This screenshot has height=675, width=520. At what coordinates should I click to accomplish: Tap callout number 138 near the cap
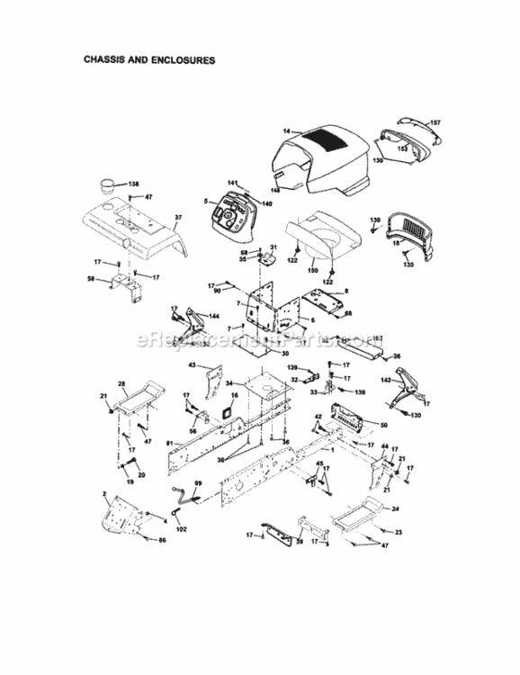tap(134, 182)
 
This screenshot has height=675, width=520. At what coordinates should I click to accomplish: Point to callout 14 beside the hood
tap(286, 131)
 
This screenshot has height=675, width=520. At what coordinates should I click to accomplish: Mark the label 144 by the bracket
tap(214, 317)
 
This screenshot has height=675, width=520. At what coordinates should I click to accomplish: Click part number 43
tap(192, 365)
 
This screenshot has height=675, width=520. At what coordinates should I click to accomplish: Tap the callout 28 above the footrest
tap(122, 384)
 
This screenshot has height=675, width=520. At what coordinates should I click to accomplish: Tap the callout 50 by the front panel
tap(383, 424)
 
